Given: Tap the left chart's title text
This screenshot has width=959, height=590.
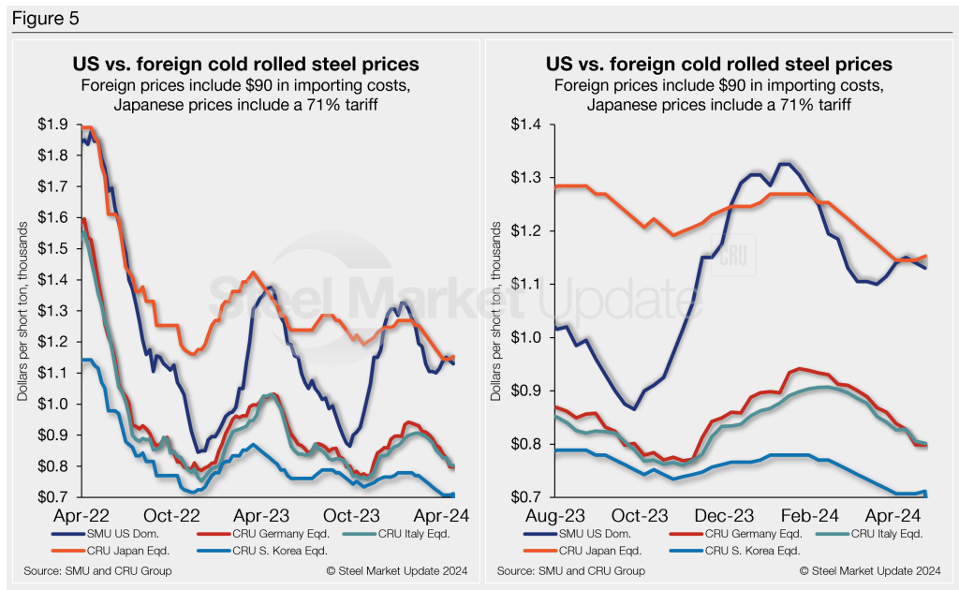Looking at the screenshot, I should click(x=245, y=65).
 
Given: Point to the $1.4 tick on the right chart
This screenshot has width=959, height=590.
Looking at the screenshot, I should click(x=529, y=125).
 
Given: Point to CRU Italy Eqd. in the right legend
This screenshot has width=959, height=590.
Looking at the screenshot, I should click(x=878, y=533).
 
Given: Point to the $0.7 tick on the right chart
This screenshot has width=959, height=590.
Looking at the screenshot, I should click(x=529, y=496).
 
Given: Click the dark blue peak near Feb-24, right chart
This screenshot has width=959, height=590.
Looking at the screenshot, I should click(x=785, y=165).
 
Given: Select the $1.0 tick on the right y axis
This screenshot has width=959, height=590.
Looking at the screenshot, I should click(x=529, y=337).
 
